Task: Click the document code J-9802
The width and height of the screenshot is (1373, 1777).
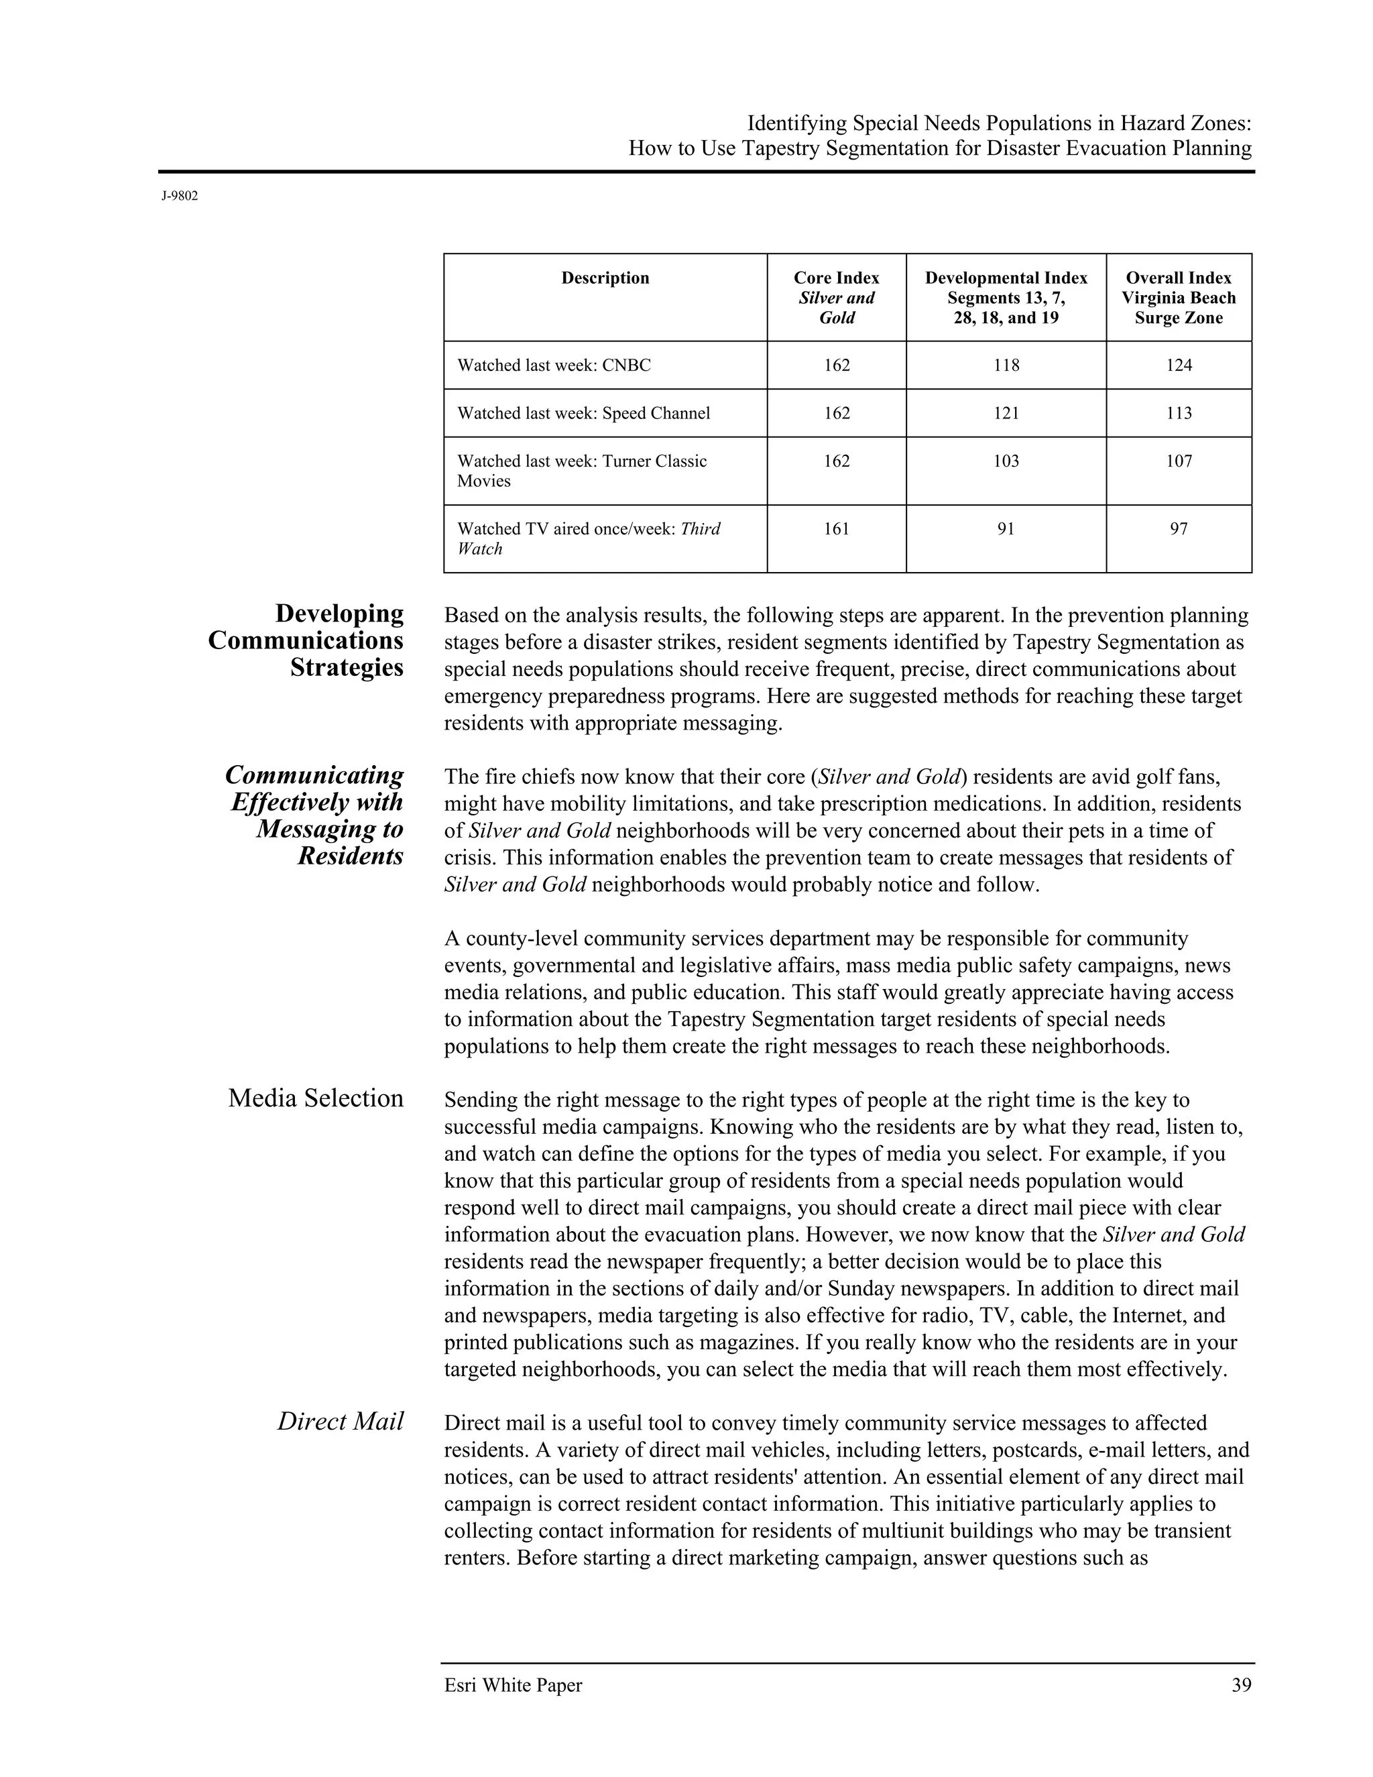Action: click(179, 196)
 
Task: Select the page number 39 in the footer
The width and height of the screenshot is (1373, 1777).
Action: click(1241, 1685)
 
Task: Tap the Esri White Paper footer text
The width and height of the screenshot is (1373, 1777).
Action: click(514, 1685)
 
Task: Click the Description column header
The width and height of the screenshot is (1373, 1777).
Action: click(605, 278)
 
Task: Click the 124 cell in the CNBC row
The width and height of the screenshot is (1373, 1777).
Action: click(1179, 365)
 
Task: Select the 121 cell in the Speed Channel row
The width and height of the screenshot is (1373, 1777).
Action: click(1006, 413)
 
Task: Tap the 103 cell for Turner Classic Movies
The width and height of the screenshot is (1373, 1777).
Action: click(1006, 461)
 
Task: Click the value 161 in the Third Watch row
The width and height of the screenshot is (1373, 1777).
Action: click(836, 529)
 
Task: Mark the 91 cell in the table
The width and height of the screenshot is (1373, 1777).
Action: click(1006, 529)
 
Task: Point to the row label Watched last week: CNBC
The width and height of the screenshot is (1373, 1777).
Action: click(554, 365)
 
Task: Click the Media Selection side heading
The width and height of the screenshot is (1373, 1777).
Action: click(316, 1098)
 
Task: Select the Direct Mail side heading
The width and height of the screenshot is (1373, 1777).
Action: click(340, 1422)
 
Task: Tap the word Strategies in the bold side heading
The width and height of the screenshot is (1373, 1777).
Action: click(347, 667)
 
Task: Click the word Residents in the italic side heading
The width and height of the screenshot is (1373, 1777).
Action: click(350, 856)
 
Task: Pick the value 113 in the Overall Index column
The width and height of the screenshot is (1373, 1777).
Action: click(1179, 413)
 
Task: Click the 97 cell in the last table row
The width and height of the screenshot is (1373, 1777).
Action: click(1179, 529)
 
